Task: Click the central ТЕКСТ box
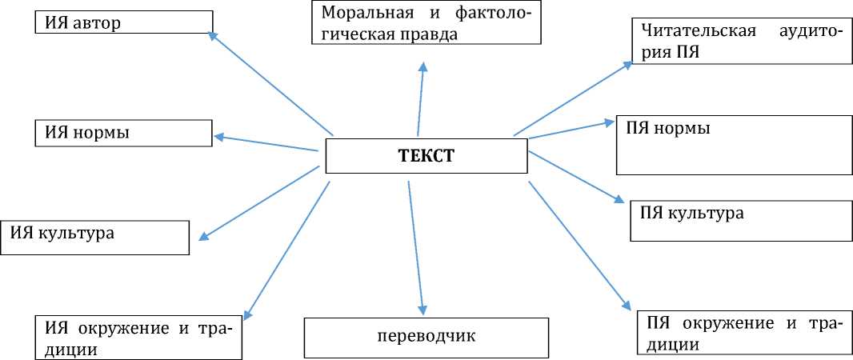click(426, 155)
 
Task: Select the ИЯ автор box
click(123, 22)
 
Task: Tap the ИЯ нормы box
click(122, 133)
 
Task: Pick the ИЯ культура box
click(95, 238)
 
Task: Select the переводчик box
click(426, 337)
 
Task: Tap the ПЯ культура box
click(741, 220)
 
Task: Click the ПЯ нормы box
click(734, 145)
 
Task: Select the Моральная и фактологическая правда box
click(426, 24)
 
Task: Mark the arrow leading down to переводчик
click(416, 248)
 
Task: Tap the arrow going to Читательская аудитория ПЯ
click(572, 98)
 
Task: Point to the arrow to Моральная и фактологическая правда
click(420, 99)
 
